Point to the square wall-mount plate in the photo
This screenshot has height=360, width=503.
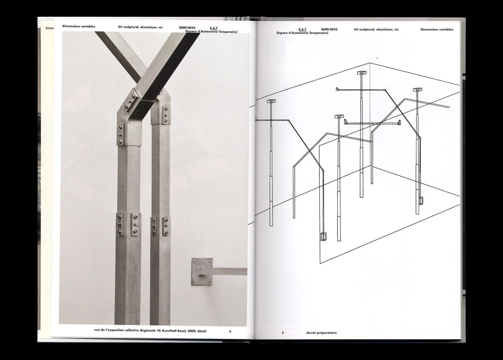[202, 272]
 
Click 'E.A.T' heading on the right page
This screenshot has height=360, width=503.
[302, 29]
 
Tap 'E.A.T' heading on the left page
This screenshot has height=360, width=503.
[214, 28]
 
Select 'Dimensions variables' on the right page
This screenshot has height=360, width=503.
[437, 29]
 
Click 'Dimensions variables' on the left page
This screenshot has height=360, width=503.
[79, 26]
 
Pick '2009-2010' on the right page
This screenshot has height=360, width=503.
[329, 29]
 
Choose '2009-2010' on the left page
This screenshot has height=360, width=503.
[187, 28]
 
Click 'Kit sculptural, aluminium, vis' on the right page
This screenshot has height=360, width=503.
[376, 29]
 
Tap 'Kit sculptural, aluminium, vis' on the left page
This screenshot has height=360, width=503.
[140, 27]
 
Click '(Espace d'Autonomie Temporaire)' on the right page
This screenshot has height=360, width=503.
[302, 33]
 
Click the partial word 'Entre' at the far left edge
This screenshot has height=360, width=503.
[50, 28]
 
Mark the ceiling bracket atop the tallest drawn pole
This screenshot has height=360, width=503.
[362, 73]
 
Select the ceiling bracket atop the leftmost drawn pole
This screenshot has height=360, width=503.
[271, 101]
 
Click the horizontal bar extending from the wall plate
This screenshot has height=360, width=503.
[229, 272]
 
